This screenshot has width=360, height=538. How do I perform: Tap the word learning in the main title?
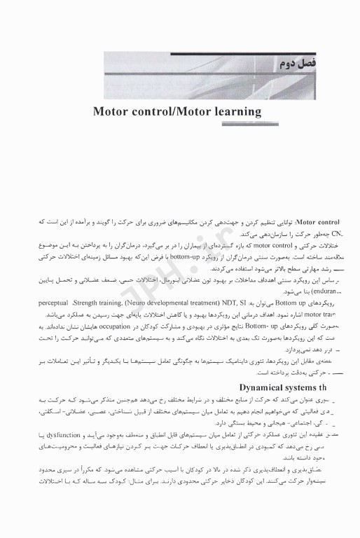[x=230, y=111]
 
